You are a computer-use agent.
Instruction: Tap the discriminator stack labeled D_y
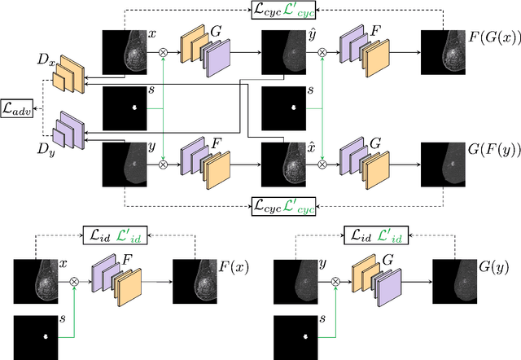click(x=66, y=126)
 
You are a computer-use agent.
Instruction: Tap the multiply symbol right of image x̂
click(x=322, y=164)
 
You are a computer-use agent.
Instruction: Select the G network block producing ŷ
click(x=204, y=50)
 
